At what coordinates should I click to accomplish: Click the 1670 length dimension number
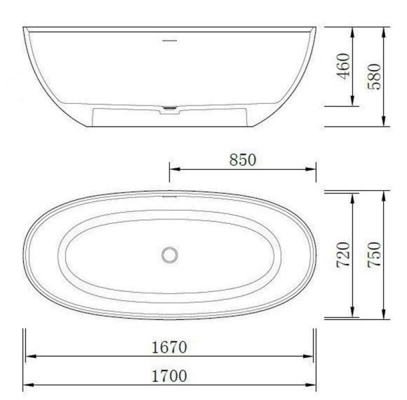pyautogui.click(x=168, y=347)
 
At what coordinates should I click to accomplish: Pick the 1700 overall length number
pyautogui.click(x=168, y=376)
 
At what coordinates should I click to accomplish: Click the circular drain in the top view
pyautogui.click(x=169, y=254)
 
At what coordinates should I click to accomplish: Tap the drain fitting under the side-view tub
pyautogui.click(x=171, y=109)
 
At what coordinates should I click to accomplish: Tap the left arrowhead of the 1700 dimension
pyautogui.click(x=27, y=386)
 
